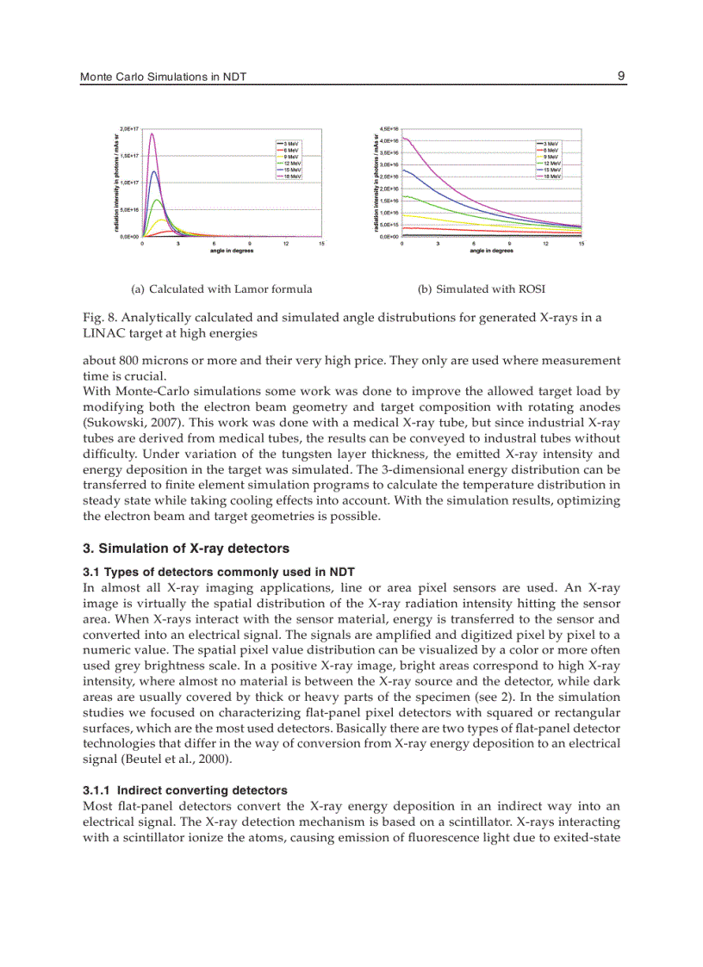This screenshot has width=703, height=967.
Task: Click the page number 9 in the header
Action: [x=621, y=76]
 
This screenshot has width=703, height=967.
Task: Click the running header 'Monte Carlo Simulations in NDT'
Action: [x=163, y=77]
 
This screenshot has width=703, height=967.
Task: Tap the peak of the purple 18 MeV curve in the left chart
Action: [x=152, y=133]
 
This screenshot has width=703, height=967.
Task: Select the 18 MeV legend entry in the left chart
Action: [x=289, y=177]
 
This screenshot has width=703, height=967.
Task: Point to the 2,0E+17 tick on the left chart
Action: [x=130, y=127]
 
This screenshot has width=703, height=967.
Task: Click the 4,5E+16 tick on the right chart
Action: [x=390, y=127]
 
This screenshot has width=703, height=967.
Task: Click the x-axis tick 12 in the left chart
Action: [x=285, y=244]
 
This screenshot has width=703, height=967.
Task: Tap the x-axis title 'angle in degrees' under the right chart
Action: [x=491, y=251]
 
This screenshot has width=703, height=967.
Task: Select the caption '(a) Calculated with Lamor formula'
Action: [x=221, y=289]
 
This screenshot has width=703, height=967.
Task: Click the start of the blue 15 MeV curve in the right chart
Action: [x=403, y=170]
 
